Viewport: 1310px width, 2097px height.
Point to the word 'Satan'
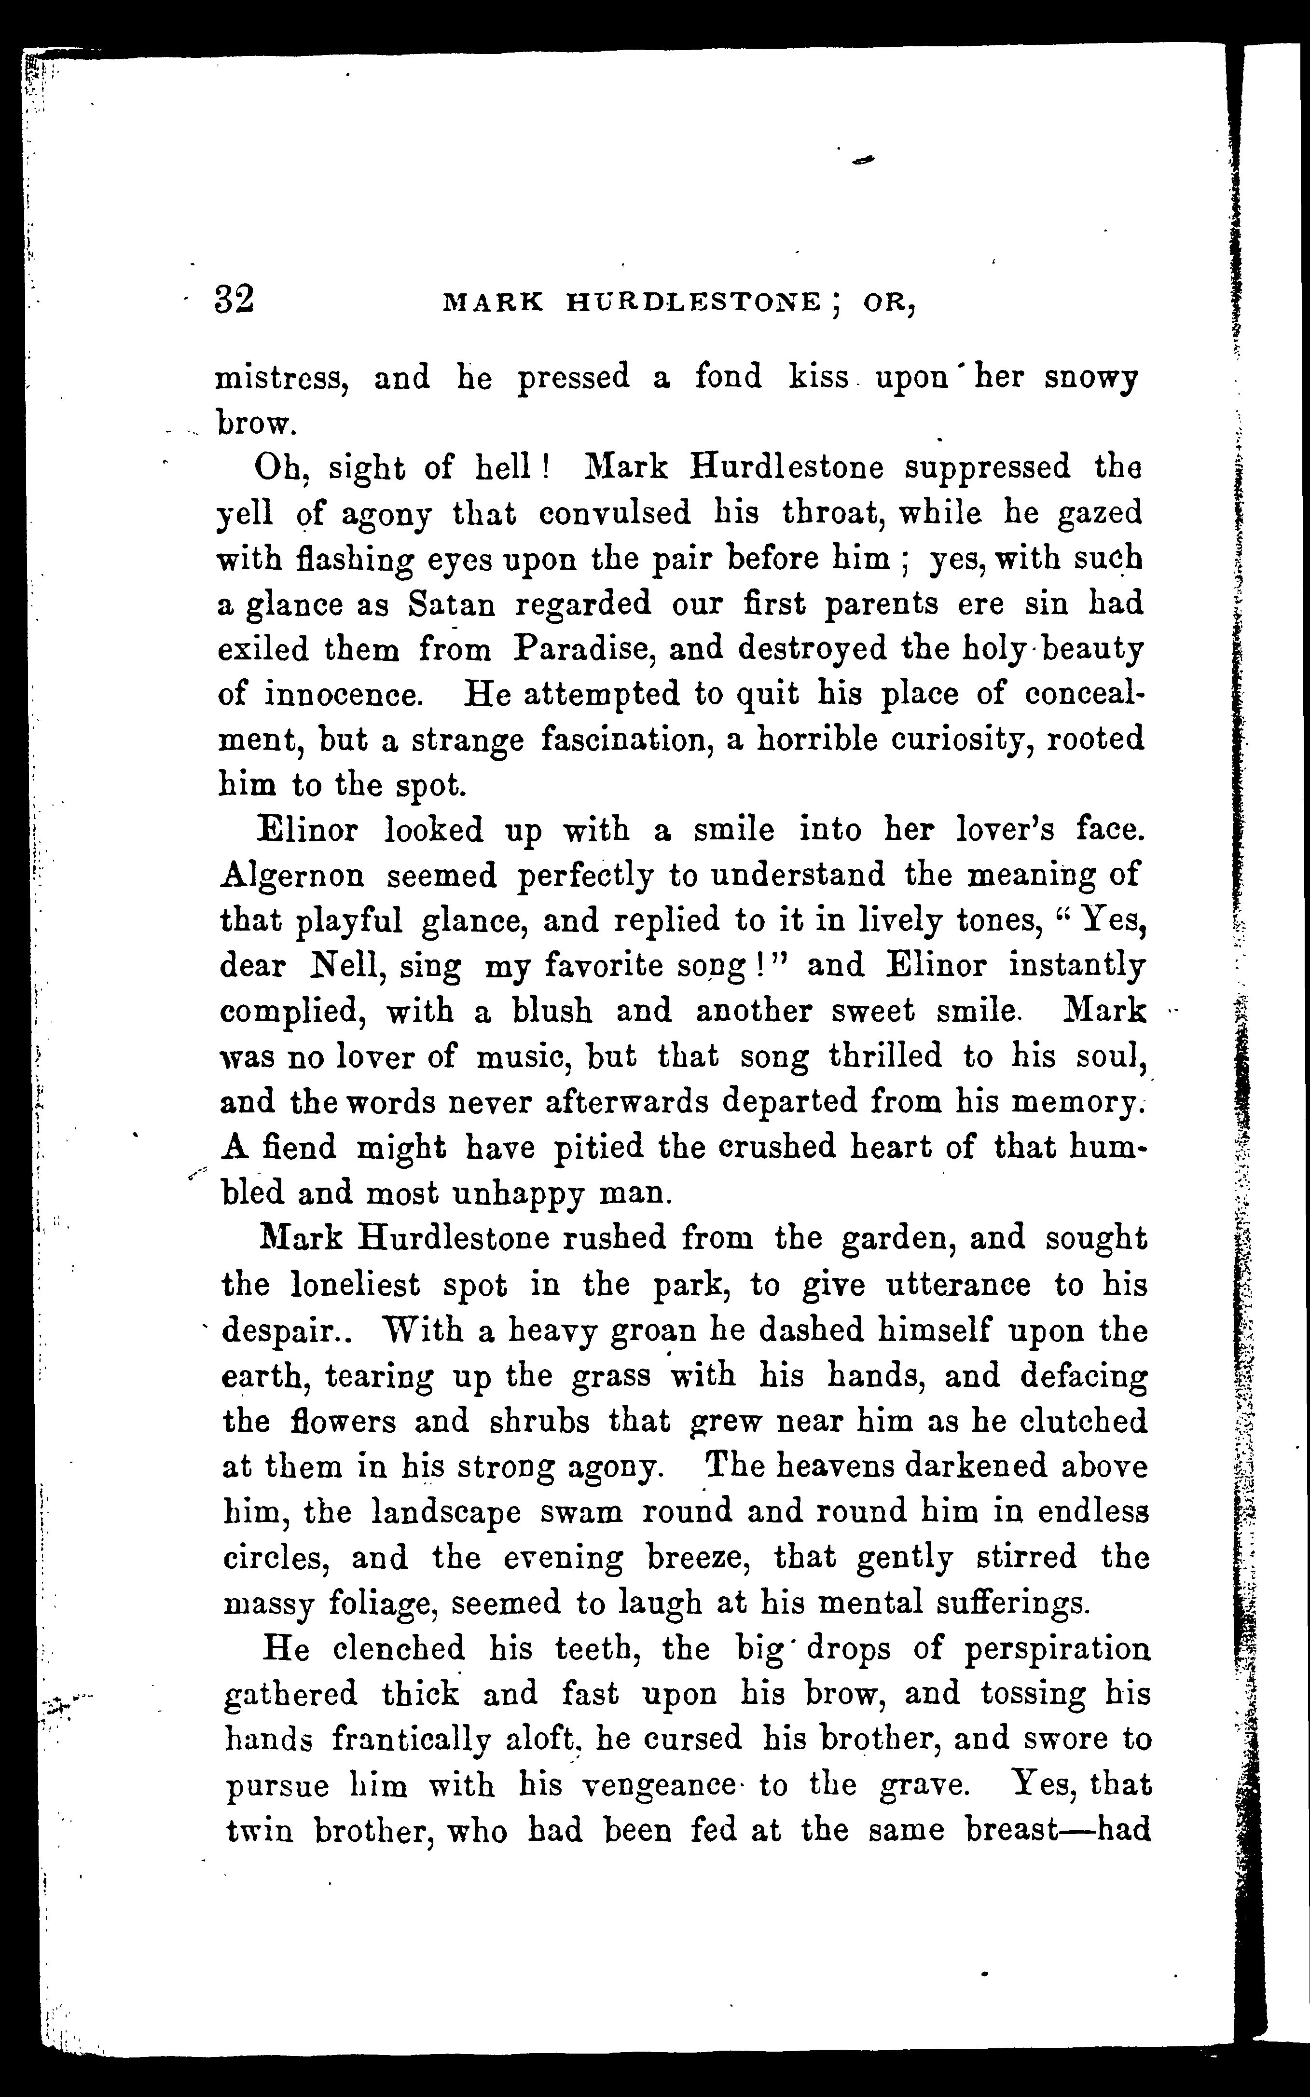pos(452,603)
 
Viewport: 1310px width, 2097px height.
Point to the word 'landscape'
pos(445,1511)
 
